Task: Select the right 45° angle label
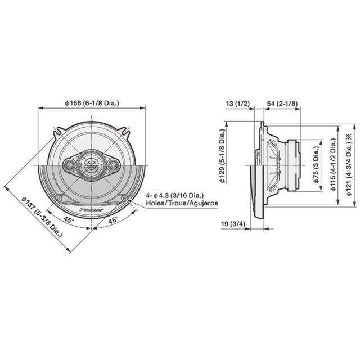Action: (112, 221)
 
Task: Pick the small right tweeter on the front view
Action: (113, 165)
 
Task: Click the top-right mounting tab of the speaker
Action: (128, 133)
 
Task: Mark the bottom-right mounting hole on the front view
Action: (123, 197)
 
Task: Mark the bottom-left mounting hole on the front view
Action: (60, 197)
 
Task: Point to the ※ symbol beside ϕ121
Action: (349, 136)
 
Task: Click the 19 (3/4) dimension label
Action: (233, 224)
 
